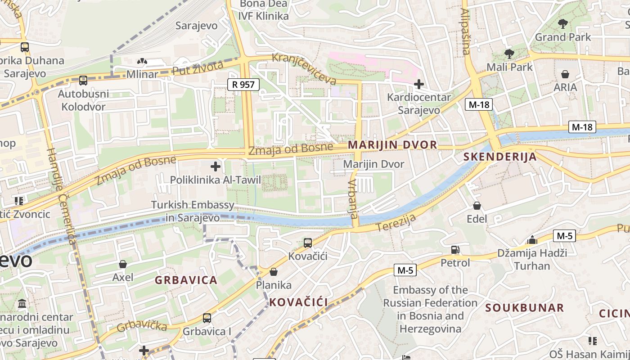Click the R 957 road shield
(x=243, y=84)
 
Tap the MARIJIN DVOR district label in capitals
(x=392, y=145)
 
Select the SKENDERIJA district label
(x=500, y=157)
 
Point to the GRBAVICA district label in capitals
(x=186, y=280)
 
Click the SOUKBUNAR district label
(x=524, y=308)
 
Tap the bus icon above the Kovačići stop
(x=308, y=243)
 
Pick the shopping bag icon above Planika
(x=273, y=272)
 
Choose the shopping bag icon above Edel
(x=477, y=206)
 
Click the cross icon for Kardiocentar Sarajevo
(x=419, y=84)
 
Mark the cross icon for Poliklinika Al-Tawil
(x=216, y=166)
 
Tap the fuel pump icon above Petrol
(x=455, y=249)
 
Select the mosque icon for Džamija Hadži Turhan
(x=532, y=239)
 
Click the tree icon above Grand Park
(x=562, y=23)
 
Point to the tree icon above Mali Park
(x=509, y=54)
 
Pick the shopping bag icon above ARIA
(x=565, y=74)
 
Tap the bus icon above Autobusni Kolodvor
(x=83, y=81)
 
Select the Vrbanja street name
(x=353, y=198)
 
